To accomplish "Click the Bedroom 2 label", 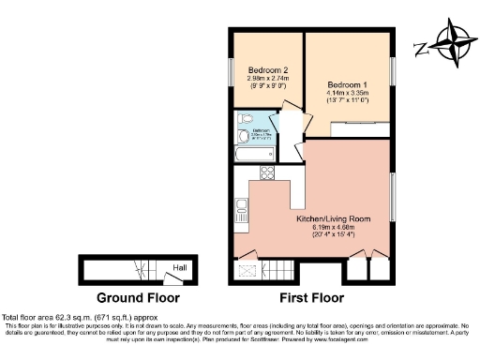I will tap(266, 70).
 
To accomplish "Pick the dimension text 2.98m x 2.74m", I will tap(266, 79).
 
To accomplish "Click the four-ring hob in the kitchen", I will tap(265, 172).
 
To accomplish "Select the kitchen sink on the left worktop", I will tap(241, 205).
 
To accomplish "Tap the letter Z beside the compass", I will tap(422, 48).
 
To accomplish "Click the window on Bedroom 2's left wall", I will tap(231, 71).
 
